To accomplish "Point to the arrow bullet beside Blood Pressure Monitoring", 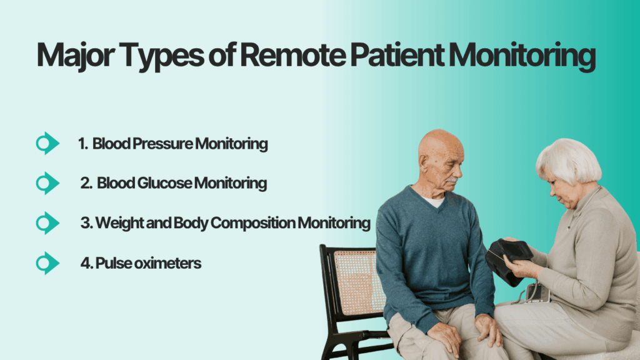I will pos(47,144).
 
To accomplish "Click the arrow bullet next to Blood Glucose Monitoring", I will pos(47,183).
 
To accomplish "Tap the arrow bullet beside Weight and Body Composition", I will pos(47,223).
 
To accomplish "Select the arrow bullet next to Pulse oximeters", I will pos(47,263).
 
